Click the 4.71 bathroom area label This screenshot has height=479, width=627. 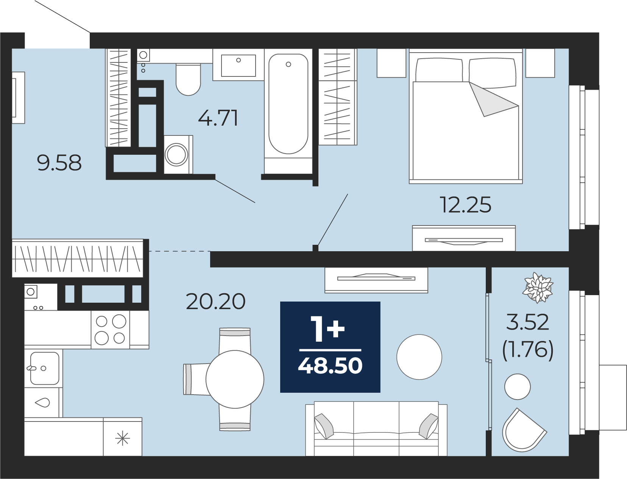click(x=218, y=118)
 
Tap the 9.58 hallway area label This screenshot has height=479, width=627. click(x=59, y=163)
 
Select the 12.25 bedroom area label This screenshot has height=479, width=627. click(x=465, y=205)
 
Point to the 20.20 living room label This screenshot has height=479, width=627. click(x=215, y=302)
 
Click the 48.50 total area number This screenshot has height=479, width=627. click(x=330, y=366)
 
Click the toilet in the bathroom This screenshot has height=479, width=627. click(x=188, y=79)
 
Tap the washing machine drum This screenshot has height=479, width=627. click(x=176, y=155)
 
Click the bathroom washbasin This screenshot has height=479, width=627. click(x=238, y=65)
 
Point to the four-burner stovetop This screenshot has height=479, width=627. click(x=111, y=330)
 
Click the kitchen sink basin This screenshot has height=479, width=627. click(x=45, y=368)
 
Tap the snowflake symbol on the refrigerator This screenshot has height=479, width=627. click(x=123, y=438)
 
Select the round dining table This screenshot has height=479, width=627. click(x=235, y=379)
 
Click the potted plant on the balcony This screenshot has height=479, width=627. click(x=538, y=288)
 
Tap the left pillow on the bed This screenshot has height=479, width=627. click(x=439, y=70)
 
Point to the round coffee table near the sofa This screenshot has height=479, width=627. click(x=419, y=357)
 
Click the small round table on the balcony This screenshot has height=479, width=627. click(x=517, y=387)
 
